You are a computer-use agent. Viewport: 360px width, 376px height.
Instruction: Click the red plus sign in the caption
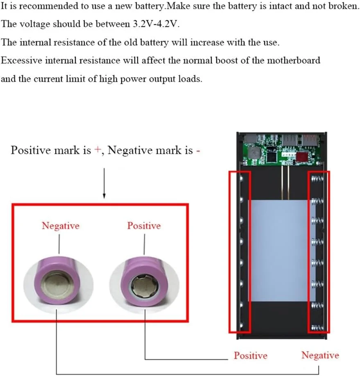(97, 150)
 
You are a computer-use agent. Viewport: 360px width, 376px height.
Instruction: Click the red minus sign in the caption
(198, 150)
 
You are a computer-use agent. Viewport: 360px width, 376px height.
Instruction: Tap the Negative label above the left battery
(61, 226)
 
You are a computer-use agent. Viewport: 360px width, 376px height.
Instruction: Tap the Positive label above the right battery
(144, 226)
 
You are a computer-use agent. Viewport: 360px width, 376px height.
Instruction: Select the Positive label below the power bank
(250, 356)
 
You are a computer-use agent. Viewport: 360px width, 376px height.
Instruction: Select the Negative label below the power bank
(320, 355)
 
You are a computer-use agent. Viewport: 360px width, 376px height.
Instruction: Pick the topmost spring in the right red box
(318, 179)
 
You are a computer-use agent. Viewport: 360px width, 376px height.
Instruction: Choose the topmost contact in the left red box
(241, 179)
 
